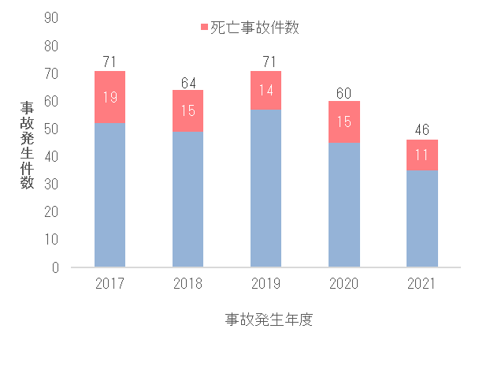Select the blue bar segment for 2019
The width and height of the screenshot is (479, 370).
click(x=265, y=188)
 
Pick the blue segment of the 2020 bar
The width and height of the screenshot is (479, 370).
click(x=343, y=205)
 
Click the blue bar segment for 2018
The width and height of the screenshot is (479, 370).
click(x=188, y=199)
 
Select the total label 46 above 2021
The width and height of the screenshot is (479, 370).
click(x=421, y=130)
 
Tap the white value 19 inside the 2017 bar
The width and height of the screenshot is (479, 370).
click(x=110, y=98)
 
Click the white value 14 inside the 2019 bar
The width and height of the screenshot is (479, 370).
click(x=265, y=91)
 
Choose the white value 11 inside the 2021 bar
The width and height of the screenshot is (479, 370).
click(x=421, y=155)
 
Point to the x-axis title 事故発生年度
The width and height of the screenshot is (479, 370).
click(x=269, y=320)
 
